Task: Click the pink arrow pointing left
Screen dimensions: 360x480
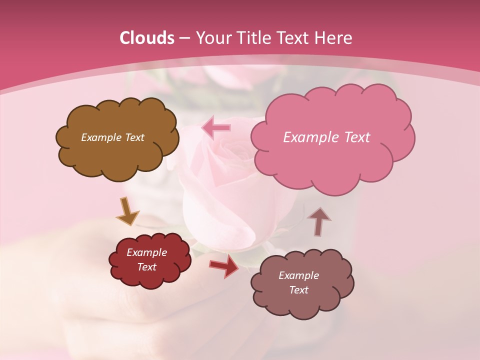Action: pos(216,128)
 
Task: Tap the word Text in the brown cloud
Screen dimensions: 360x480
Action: pos(134,137)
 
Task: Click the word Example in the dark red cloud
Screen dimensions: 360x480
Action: pos(147,252)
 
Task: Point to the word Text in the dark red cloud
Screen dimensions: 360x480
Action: pos(147,267)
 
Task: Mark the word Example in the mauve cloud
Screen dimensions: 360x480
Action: pos(299,275)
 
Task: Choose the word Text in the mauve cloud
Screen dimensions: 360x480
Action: pos(299,290)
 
